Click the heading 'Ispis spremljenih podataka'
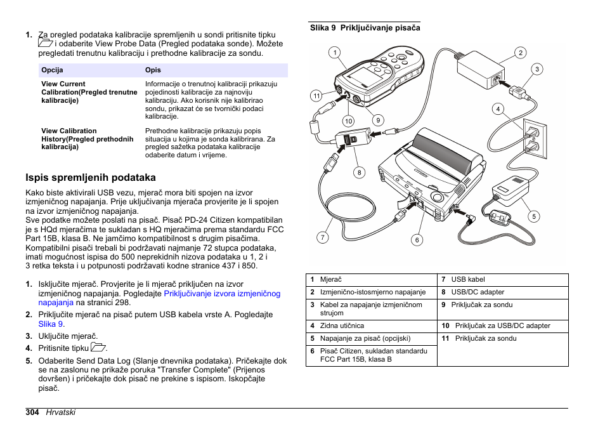[90, 178]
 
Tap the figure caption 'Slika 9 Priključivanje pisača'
[365, 28]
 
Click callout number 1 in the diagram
[334, 53]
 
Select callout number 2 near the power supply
[520, 53]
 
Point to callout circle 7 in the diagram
[323, 237]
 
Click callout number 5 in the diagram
[534, 216]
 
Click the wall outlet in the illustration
[531, 140]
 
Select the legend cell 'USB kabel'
[467, 279]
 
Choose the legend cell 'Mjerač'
[331, 279]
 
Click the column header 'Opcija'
[52, 70]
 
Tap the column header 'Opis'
[153, 70]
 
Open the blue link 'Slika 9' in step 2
[51, 324]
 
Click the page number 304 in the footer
[33, 412]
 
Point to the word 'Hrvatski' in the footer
[60, 412]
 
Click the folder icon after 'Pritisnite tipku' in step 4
[98, 347]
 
